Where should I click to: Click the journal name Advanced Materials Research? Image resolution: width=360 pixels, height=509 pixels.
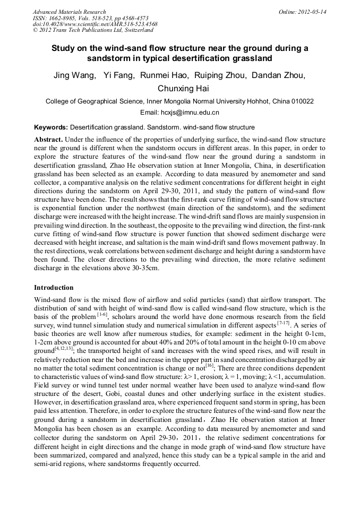69,12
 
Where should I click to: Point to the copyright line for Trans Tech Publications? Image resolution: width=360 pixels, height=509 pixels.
92,30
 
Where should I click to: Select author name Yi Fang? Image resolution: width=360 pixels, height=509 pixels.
118,75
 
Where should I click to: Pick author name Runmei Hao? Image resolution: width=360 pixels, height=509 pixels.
163,75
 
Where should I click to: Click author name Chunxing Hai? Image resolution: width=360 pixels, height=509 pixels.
179,88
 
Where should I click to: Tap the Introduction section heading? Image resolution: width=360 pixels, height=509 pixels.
54,287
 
